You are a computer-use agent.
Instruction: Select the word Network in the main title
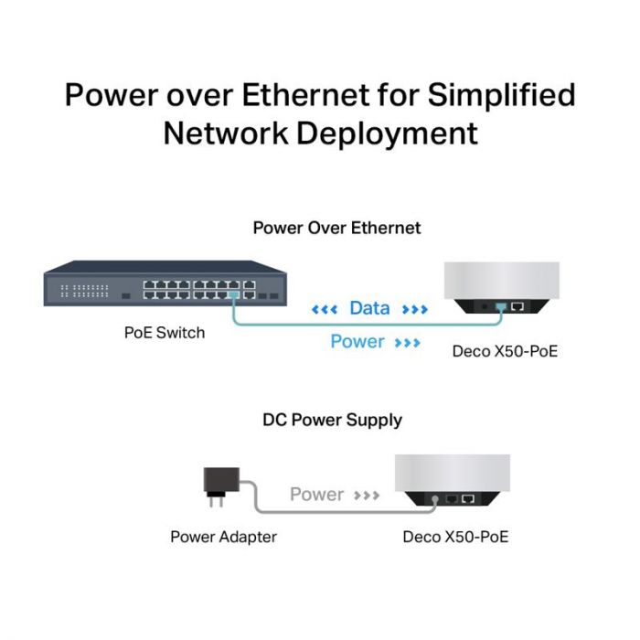(x=224, y=133)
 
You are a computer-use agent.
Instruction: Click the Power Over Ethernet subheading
(x=336, y=228)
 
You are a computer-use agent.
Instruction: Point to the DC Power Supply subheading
(x=332, y=421)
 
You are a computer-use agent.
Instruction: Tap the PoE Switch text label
(x=165, y=333)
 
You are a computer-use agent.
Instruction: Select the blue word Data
(x=369, y=309)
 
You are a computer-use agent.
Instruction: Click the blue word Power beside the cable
(x=357, y=342)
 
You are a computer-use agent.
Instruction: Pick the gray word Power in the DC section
(x=316, y=495)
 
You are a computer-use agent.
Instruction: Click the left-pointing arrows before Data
(x=325, y=310)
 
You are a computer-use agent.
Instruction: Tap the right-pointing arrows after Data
(x=414, y=310)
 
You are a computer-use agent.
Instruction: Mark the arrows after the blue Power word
(x=407, y=343)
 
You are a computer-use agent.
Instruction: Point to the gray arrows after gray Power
(x=367, y=496)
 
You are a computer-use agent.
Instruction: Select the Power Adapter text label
(x=223, y=537)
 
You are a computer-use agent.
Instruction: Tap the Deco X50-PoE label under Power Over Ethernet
(x=506, y=351)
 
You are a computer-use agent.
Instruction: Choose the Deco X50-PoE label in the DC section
(x=455, y=537)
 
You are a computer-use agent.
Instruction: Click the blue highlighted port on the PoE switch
(x=235, y=295)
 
